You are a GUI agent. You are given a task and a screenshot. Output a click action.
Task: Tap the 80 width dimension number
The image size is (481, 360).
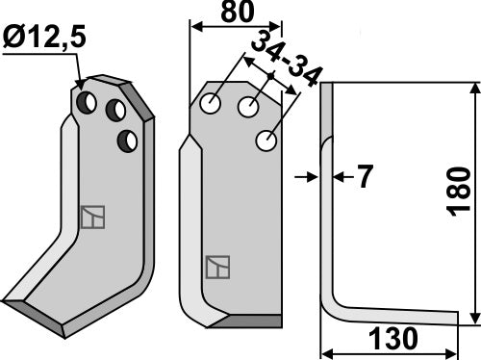(236, 13)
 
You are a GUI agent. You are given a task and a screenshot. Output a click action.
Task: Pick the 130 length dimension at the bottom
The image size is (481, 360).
(392, 339)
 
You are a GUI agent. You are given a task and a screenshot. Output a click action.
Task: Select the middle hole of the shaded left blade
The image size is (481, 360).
(116, 107)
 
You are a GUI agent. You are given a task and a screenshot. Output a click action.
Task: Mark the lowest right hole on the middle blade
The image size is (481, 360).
(266, 142)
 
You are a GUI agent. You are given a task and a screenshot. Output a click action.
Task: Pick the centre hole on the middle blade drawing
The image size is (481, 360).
(249, 108)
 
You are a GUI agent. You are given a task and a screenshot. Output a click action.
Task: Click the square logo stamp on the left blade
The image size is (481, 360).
(93, 218)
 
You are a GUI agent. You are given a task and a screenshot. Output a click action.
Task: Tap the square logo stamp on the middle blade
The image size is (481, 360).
(218, 267)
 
